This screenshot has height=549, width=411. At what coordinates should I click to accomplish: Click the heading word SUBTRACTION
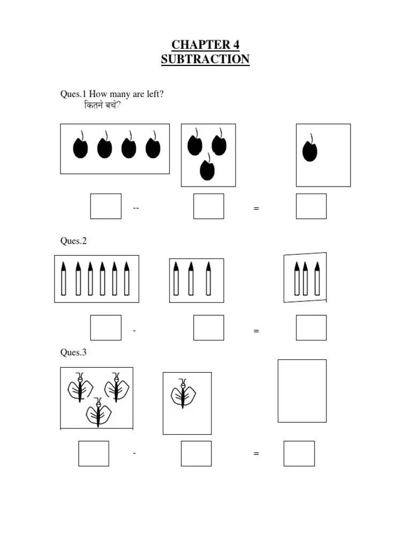tap(205, 59)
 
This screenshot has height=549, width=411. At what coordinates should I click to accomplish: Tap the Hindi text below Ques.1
tap(102, 106)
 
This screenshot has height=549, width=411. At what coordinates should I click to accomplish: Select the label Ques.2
tap(73, 241)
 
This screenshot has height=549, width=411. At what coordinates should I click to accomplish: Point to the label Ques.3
tap(73, 352)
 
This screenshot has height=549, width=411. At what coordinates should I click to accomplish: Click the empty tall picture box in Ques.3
tap(302, 391)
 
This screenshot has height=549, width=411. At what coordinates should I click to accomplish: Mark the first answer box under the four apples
tap(105, 206)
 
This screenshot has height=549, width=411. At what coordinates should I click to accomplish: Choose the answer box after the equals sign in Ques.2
tap(311, 328)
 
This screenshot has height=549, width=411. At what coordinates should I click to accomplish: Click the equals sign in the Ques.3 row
tap(256, 454)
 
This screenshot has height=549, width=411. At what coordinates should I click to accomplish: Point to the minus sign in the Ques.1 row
tap(136, 208)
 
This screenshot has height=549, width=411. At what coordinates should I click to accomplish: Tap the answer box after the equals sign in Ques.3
tap(299, 454)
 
